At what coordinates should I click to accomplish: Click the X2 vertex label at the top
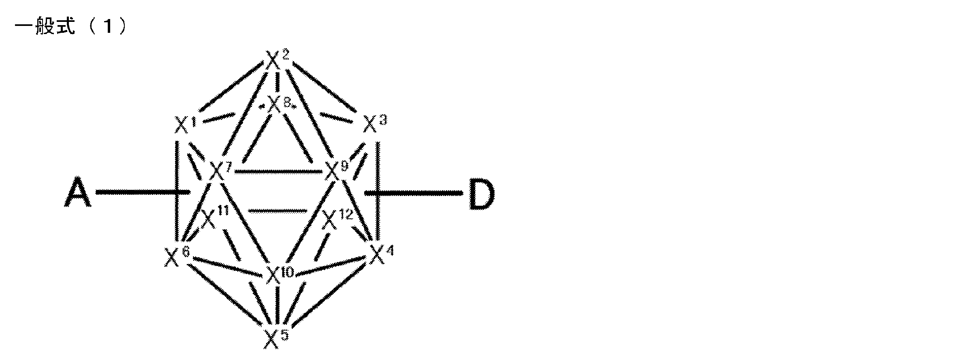point(277,60)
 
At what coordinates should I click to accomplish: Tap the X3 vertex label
point(374,123)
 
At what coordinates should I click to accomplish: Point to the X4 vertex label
point(381,254)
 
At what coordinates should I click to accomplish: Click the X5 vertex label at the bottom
point(276,338)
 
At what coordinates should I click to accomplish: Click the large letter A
point(77,193)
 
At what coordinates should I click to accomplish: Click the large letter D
point(481,194)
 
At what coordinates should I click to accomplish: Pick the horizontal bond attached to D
point(417,193)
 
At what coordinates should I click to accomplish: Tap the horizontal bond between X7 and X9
point(278,172)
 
